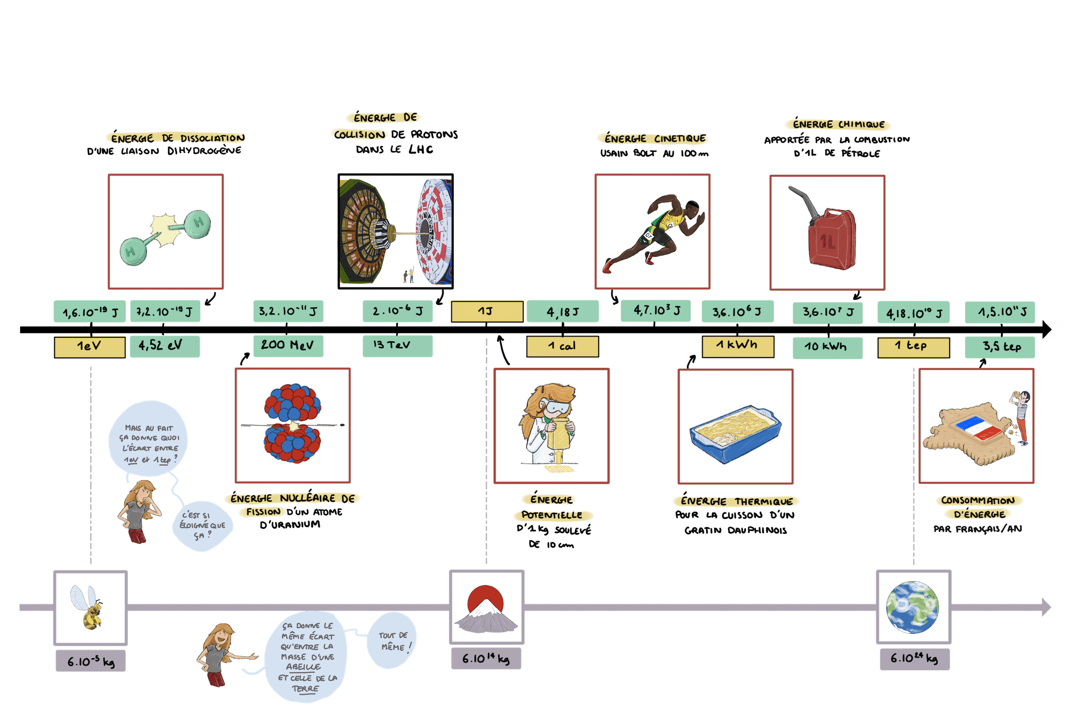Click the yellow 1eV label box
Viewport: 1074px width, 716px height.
point(89,347)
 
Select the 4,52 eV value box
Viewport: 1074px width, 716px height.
point(165,346)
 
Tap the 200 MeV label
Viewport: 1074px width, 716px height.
point(288,346)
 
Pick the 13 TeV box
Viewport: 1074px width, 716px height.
point(397,346)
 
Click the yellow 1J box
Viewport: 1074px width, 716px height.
point(487,311)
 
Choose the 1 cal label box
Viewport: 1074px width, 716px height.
point(562,347)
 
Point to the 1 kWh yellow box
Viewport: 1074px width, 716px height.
point(737,346)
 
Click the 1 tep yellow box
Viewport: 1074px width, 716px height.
point(913,347)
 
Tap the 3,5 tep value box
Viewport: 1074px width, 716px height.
point(1000,348)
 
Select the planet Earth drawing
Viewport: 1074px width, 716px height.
point(912,607)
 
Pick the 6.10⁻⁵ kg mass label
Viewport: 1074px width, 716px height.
point(91,661)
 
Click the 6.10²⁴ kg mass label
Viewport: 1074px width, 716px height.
point(914,659)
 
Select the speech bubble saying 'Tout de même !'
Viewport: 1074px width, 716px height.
point(392,641)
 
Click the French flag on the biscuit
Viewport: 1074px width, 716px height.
point(979,429)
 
